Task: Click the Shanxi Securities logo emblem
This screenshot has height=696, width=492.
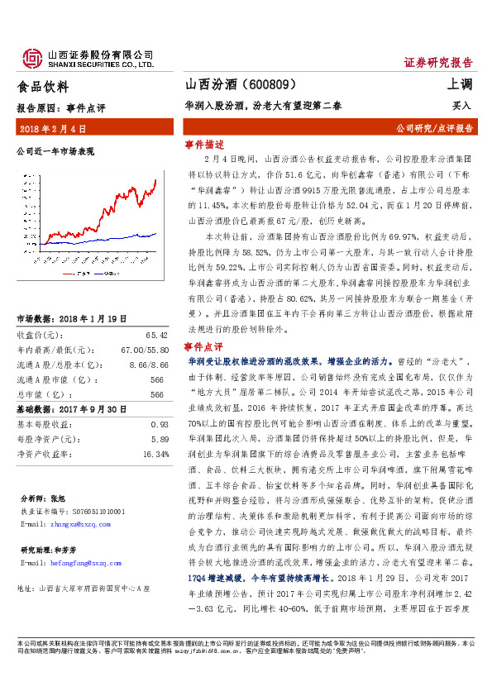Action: tap(32, 57)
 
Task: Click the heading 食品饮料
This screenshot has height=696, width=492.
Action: tap(43, 86)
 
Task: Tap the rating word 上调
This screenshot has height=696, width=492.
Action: tap(461, 85)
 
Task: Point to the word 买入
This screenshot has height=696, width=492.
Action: tap(461, 106)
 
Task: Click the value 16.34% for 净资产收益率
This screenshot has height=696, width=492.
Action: tap(155, 454)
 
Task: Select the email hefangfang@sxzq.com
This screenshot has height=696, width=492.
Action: tap(80, 563)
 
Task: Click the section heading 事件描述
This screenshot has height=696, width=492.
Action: tap(204, 143)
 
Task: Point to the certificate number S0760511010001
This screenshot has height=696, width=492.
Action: tap(93, 512)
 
